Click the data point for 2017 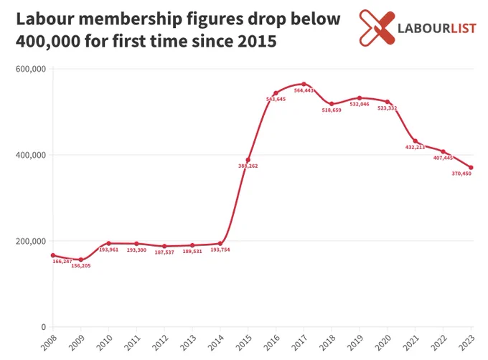click(x=304, y=84)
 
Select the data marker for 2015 click(x=248, y=160)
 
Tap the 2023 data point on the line click(x=471, y=168)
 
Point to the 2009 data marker click(x=81, y=260)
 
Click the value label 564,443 click(x=304, y=90)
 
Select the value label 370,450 click(x=461, y=174)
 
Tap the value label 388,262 click(x=248, y=166)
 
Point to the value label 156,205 click(x=81, y=266)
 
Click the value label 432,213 click(x=416, y=147)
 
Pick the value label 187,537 click(x=164, y=252)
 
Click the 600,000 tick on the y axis click(x=30, y=69)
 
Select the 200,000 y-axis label click(x=30, y=241)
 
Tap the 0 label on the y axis click(x=44, y=327)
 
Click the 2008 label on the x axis click(x=49, y=343)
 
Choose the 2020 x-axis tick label click(x=383, y=343)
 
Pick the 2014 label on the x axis click(x=216, y=343)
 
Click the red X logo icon click(x=377, y=28)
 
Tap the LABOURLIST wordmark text click(x=437, y=29)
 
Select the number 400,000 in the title click(x=48, y=42)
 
